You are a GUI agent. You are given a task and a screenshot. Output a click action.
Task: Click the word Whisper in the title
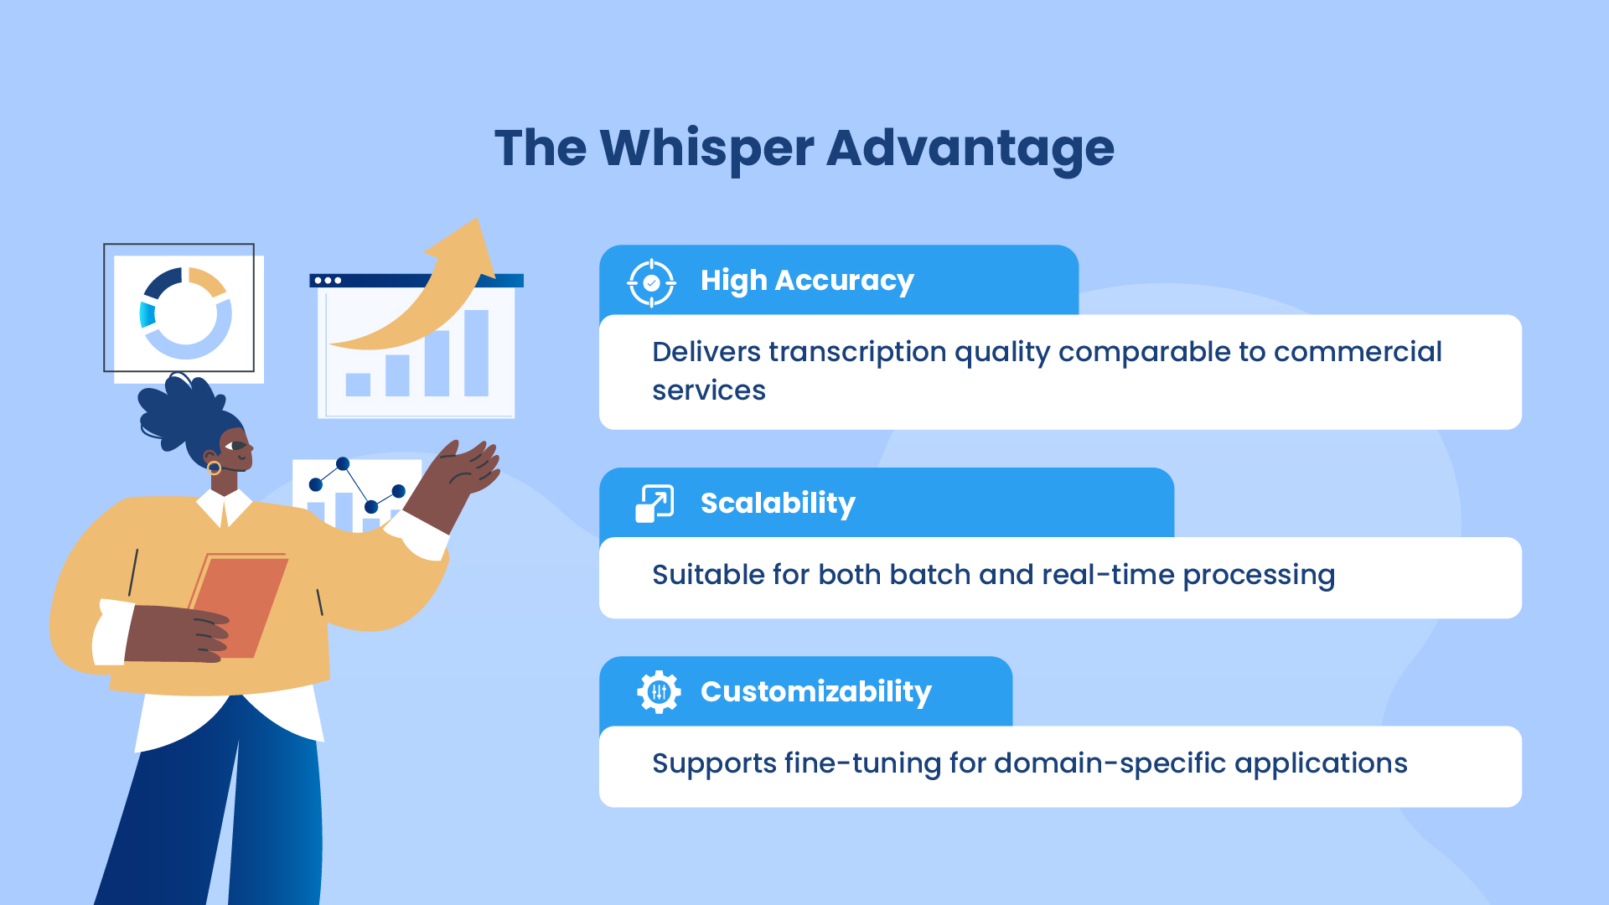(x=706, y=149)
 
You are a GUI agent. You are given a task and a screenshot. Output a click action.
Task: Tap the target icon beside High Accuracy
(x=651, y=283)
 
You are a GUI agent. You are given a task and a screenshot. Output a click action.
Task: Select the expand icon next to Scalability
(x=654, y=504)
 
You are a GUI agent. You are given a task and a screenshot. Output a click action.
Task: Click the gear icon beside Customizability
(x=659, y=692)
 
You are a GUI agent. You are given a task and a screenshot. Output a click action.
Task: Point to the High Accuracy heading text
(x=807, y=281)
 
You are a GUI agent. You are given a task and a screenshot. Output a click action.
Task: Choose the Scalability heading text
(x=778, y=504)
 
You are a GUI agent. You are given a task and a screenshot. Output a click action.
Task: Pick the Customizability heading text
(x=816, y=692)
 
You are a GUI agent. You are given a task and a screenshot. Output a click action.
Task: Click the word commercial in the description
(x=1358, y=352)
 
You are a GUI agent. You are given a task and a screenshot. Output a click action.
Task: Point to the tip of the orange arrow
(x=479, y=219)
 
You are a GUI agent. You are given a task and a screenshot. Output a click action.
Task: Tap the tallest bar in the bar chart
(x=476, y=353)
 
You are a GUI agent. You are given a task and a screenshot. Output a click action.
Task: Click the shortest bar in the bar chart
(x=358, y=385)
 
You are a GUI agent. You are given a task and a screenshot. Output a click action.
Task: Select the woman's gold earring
(x=214, y=468)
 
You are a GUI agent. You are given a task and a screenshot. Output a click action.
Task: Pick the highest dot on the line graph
(x=343, y=463)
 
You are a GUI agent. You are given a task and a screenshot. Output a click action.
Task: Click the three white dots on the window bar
(x=328, y=281)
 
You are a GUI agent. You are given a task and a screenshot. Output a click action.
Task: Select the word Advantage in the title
(x=970, y=149)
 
